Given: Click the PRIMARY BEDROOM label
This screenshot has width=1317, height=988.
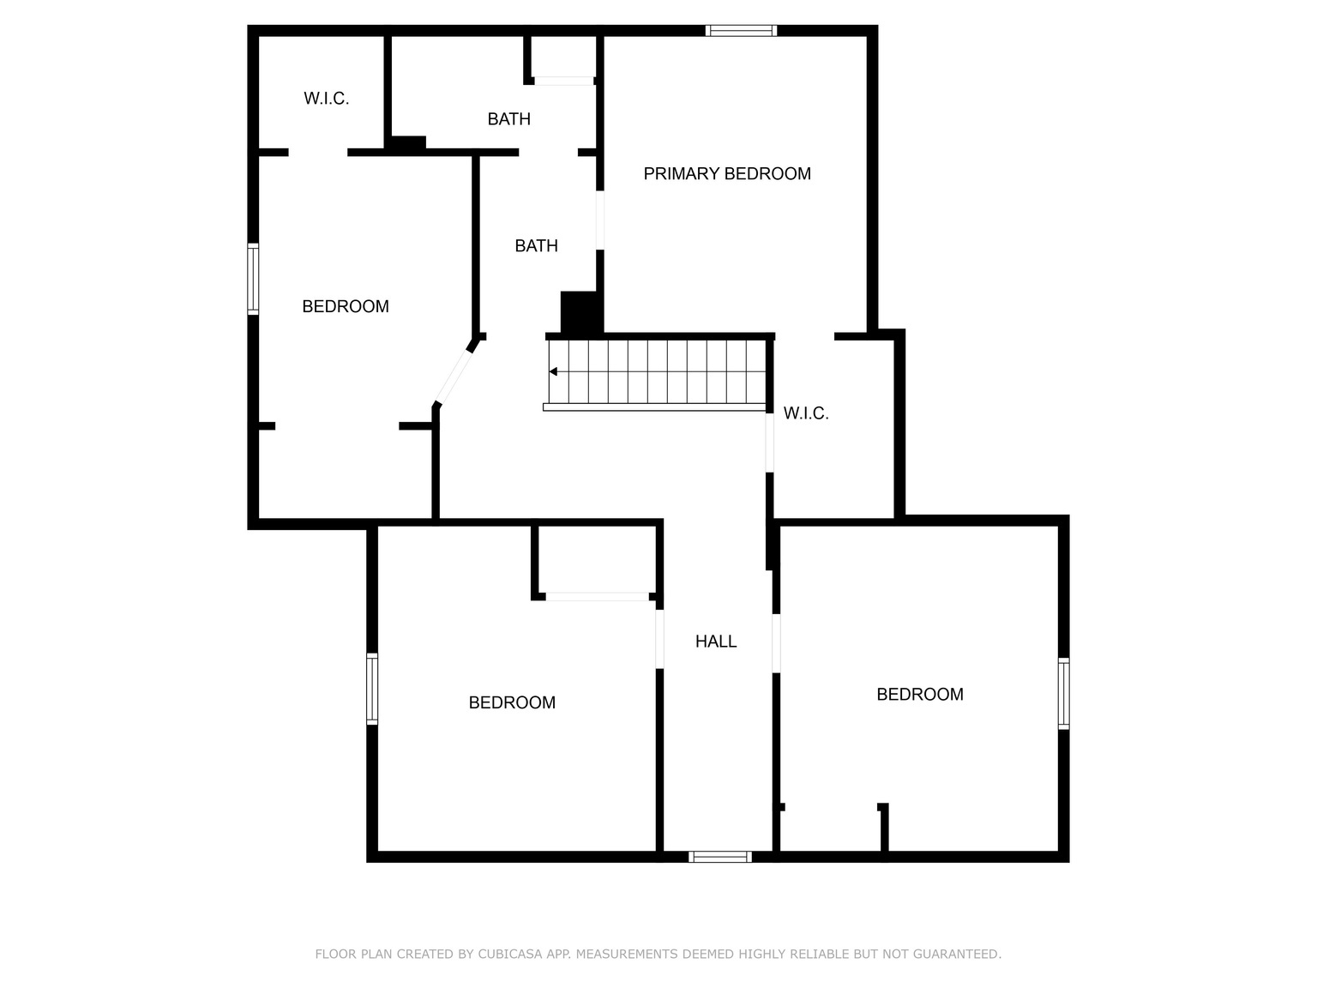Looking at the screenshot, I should tap(727, 174).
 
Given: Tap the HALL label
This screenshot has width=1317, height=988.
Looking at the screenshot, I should tap(716, 642).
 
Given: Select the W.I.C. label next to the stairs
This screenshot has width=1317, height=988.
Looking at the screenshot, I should tap(806, 413).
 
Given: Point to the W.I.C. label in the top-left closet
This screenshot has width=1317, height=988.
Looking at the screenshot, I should tap(326, 99).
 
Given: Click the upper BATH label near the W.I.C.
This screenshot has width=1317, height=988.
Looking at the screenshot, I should tap(508, 119).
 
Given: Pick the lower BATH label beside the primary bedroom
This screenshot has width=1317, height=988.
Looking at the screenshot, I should tap(536, 246).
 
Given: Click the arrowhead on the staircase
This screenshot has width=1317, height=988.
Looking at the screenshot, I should tap(554, 371).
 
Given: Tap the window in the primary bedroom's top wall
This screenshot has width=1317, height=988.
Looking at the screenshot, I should tap(741, 31).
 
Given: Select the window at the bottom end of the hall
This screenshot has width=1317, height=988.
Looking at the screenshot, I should tap(720, 856).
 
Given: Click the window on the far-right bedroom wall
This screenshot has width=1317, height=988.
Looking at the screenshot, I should tap(1063, 693).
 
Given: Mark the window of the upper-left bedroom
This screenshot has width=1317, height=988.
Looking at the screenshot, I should tap(253, 279).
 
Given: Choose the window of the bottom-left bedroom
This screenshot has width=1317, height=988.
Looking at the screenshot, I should tap(372, 689).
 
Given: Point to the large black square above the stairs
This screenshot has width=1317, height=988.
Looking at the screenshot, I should tap(580, 313).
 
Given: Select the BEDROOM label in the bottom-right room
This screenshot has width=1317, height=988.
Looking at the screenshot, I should tap(919, 695).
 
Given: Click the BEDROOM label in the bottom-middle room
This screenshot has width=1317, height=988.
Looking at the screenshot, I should tap(512, 703).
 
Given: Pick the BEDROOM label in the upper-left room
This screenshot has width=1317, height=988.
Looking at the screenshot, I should tap(346, 307).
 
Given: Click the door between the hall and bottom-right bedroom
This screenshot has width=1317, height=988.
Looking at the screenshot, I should tap(776, 643).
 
